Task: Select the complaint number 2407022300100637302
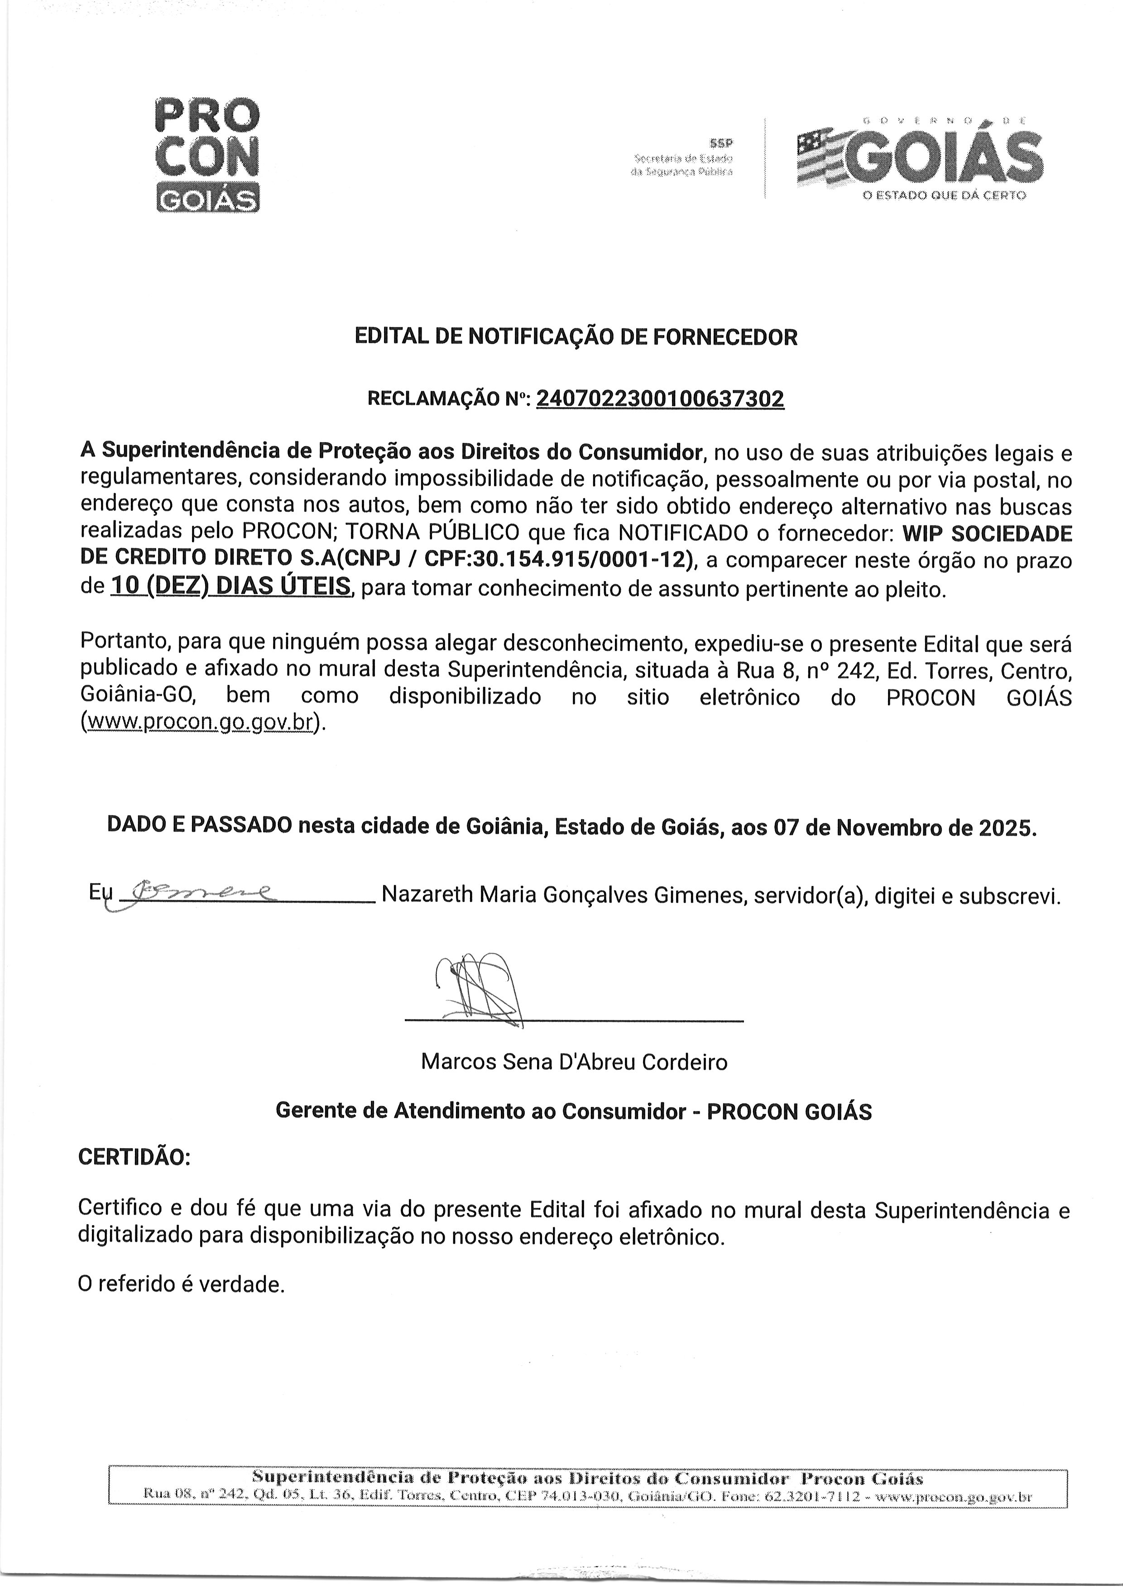tap(660, 399)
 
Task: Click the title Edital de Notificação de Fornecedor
tap(576, 337)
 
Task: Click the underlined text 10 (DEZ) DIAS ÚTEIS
tap(231, 587)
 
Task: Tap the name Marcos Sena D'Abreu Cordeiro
tap(574, 1062)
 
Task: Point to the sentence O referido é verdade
tap(181, 1284)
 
